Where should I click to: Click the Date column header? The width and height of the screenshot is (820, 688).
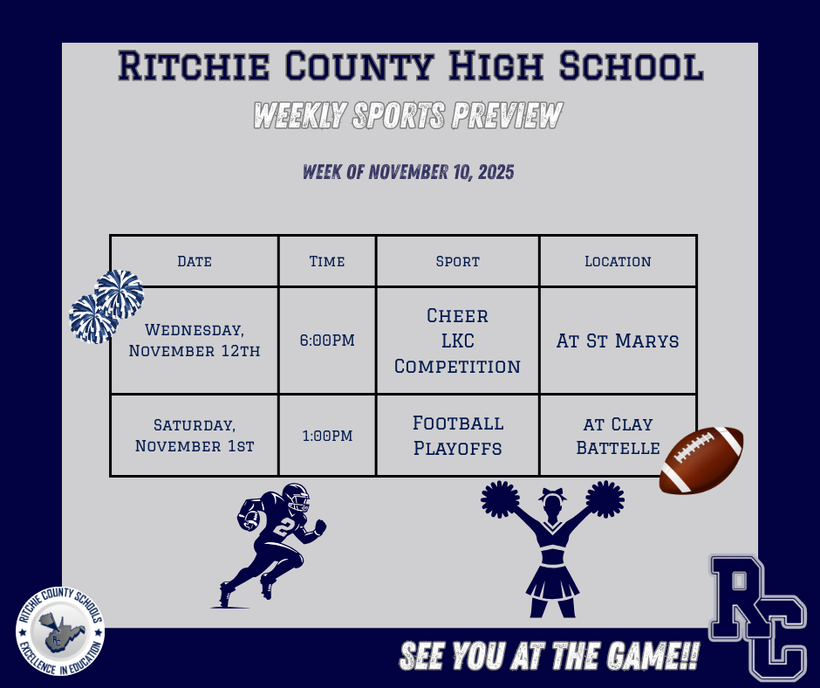coord(194,261)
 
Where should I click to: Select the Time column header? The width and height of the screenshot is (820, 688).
coord(327,261)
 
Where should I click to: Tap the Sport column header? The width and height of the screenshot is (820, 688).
coord(458,261)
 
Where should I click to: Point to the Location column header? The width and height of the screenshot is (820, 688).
coord(618,261)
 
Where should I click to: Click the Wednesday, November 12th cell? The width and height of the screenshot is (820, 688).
coord(195,341)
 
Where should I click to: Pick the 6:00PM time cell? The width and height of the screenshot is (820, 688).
coord(327,341)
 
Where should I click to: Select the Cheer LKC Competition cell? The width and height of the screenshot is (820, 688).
coord(458,341)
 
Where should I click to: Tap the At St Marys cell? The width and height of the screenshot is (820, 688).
coord(618,341)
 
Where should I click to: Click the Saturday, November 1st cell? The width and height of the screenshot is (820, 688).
coord(195,435)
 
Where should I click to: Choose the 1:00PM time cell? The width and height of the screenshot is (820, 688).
coord(327,435)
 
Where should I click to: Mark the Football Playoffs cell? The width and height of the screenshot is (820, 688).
coord(458,435)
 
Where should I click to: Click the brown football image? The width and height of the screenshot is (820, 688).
coord(701,460)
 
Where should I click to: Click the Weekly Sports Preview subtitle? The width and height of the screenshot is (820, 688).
coord(407,115)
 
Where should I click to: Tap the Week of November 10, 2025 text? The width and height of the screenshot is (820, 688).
coord(408,171)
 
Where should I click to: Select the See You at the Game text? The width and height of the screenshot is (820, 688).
coord(549,657)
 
